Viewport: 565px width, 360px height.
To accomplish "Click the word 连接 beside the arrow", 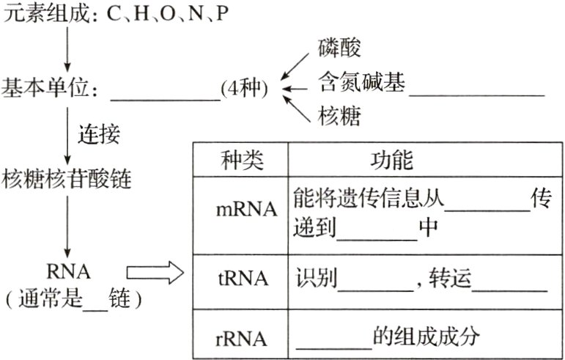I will coord(98,135).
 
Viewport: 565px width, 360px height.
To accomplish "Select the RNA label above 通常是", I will coord(67,272).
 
